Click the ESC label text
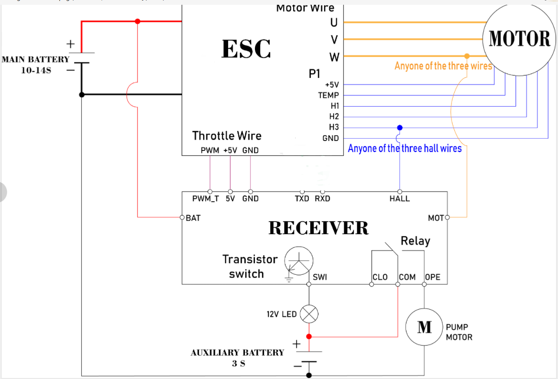pyautogui.click(x=246, y=48)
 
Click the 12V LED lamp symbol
pyautogui.click(x=309, y=314)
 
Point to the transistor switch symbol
pyautogui.click(x=299, y=261)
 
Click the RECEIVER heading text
pyautogui.click(x=318, y=228)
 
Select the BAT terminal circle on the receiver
pyautogui.click(x=182, y=217)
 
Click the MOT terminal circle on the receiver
pyautogui.click(x=448, y=217)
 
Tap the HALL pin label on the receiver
pyautogui.click(x=400, y=199)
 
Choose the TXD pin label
pyautogui.click(x=302, y=199)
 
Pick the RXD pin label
pyautogui.click(x=322, y=199)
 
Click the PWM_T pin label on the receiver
pyautogui.click(x=206, y=199)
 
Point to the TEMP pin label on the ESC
pyautogui.click(x=328, y=95)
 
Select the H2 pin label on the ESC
pyautogui.click(x=334, y=117)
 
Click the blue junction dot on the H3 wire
pyautogui.click(x=400, y=128)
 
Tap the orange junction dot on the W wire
pyautogui.click(x=467, y=56)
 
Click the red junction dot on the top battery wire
pyautogui.click(x=138, y=22)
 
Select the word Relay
pyautogui.click(x=415, y=241)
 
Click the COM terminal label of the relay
pyautogui.click(x=407, y=277)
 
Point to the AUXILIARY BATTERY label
pyautogui.click(x=237, y=353)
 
